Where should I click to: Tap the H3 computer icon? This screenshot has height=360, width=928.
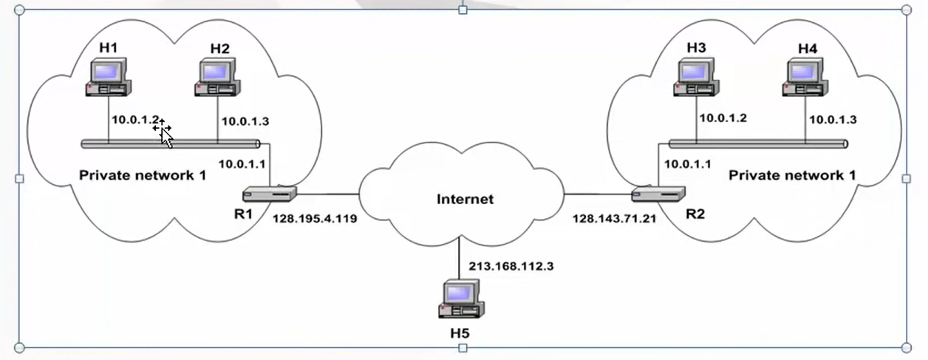(x=696, y=77)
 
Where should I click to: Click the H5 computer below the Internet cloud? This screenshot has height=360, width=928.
(x=460, y=299)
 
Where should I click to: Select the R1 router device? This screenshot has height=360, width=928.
(x=270, y=194)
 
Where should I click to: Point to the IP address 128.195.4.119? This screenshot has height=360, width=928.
(x=315, y=219)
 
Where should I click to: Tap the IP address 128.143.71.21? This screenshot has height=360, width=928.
(x=613, y=219)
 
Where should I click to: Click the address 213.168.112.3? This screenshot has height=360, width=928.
(x=511, y=266)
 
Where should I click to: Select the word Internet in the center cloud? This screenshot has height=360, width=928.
(x=465, y=199)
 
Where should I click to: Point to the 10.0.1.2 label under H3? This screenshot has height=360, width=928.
(x=723, y=118)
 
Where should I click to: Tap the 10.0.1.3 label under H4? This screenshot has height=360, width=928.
(x=833, y=119)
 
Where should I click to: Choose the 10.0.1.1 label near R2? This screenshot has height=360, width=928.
(x=687, y=164)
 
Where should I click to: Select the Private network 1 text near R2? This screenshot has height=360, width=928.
(x=792, y=175)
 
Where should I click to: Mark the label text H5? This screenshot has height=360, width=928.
(x=460, y=333)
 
